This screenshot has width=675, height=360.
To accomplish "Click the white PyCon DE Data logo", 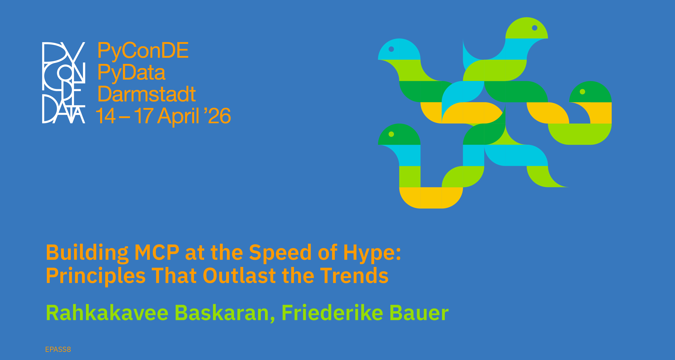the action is (64, 83).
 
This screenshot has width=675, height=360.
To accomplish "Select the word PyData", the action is (132, 73).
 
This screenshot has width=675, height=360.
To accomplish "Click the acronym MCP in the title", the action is (157, 253).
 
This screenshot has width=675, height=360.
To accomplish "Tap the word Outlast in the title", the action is (239, 276).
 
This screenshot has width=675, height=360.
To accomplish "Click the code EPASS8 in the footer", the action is (58, 349).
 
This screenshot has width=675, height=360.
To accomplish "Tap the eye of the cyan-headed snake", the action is (391, 49).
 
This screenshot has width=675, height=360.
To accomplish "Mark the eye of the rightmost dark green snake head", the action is (583, 92).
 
